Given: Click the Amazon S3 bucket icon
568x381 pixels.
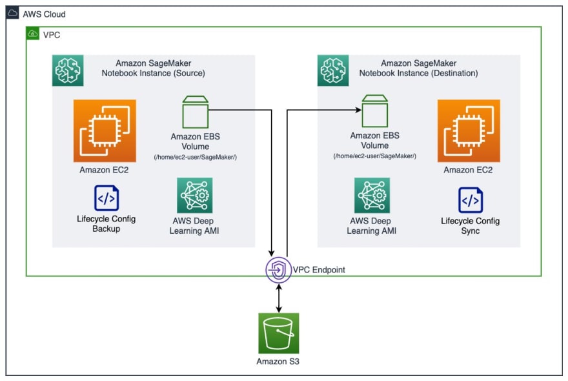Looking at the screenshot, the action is tap(279, 333).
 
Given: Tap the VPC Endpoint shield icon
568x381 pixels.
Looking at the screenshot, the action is tap(278, 270).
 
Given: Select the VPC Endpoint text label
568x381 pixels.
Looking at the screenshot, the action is tap(319, 270).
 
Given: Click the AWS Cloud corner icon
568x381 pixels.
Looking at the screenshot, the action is tap(12, 13).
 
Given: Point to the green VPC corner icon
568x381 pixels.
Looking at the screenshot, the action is tap(33, 34).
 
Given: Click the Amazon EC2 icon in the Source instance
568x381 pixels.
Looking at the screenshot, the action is tap(105, 131).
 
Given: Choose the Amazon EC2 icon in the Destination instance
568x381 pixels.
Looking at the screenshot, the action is tap(469, 131).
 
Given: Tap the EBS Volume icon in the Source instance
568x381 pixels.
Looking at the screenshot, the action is tap(195, 112).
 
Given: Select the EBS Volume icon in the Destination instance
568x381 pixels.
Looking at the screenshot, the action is tap(375, 111).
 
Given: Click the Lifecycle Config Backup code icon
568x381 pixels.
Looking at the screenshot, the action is tap(107, 198).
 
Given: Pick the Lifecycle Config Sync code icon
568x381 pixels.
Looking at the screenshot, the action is tap(471, 200).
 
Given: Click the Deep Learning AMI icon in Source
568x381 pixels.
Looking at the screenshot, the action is tap(194, 196).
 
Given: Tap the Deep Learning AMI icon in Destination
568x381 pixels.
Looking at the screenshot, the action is tap(372, 196).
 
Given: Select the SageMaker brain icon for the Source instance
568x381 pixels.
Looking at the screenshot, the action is tap(68, 70).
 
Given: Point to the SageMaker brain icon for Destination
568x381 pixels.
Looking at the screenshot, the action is tap(333, 70).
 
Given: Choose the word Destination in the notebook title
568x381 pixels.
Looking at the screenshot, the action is tap(455, 73).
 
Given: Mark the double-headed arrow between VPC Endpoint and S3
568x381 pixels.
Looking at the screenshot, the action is tap(279, 298).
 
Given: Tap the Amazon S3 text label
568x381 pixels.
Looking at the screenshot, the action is tap(278, 362).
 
